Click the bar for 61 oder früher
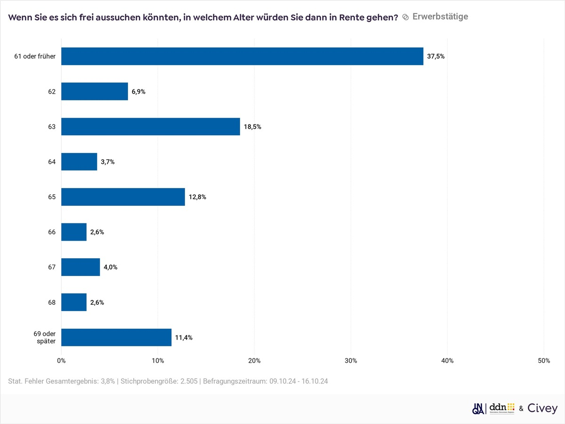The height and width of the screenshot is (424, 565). [242, 56]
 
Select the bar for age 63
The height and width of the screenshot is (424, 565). [151, 127]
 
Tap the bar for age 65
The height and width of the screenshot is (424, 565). [123, 197]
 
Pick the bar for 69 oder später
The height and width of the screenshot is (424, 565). [116, 337]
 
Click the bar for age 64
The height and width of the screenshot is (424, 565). [79, 162]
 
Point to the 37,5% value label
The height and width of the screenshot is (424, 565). [436, 57]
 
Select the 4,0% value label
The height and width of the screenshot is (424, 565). [110, 267]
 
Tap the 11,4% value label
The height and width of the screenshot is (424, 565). [184, 338]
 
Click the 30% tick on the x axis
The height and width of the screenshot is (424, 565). [351, 361]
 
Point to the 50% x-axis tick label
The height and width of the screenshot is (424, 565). [544, 361]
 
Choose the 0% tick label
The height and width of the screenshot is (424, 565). [61, 361]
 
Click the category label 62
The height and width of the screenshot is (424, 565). [51, 92]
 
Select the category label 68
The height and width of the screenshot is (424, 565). [51, 302]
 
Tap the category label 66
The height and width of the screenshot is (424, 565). [51, 232]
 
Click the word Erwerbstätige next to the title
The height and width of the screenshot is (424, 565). [440, 16]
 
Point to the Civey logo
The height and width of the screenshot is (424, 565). [542, 408]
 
